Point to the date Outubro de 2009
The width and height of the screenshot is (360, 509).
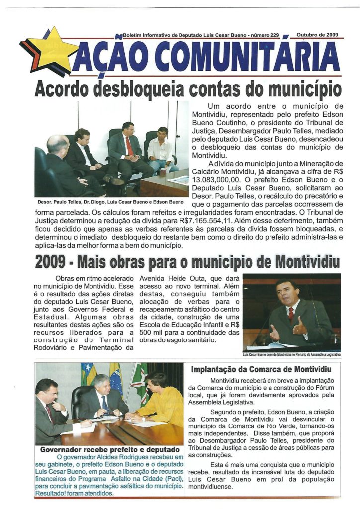[x=317, y=35]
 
